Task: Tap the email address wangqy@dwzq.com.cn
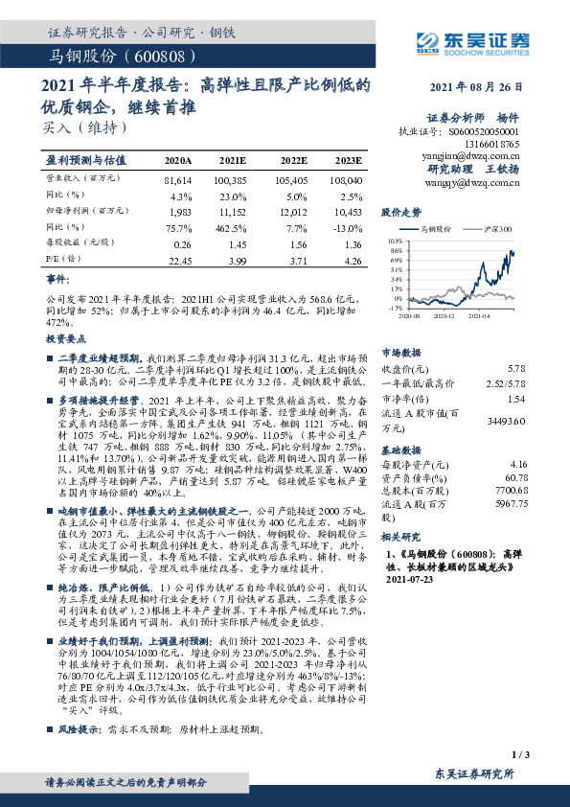(483, 179)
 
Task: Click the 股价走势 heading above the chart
(400, 211)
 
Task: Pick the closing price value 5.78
(516, 368)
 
